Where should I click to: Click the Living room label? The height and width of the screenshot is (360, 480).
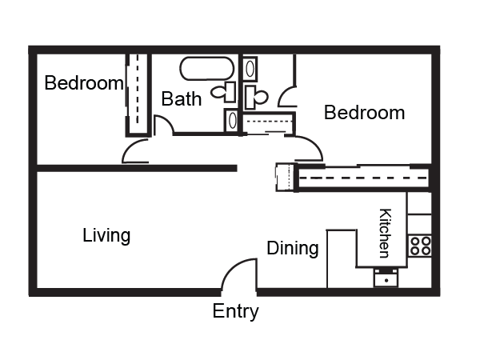coord(106,235)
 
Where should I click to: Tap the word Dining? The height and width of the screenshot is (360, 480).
coord(293,248)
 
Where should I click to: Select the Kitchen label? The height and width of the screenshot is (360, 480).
coord(385,234)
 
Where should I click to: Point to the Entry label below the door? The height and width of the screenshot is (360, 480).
coord(235,311)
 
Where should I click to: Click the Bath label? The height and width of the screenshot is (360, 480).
coord(182,99)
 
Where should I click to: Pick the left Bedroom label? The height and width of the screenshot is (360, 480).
coord(84,82)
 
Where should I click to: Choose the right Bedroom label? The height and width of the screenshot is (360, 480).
coord(364,112)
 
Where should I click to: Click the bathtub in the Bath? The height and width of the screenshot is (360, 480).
coord(207,69)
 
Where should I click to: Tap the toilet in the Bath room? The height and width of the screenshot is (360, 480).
coord(223,92)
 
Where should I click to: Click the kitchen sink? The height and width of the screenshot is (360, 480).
coord(386,278)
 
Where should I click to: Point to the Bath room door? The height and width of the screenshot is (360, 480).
coord(163,124)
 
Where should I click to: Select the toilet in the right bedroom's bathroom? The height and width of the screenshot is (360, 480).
coord(256,98)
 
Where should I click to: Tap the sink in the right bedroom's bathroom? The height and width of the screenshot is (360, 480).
coord(250,69)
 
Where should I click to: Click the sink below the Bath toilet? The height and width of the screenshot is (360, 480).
coord(232,120)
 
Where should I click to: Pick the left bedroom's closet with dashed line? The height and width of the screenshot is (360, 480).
coord(138,95)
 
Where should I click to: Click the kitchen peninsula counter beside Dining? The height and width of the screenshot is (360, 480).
coord(342,258)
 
